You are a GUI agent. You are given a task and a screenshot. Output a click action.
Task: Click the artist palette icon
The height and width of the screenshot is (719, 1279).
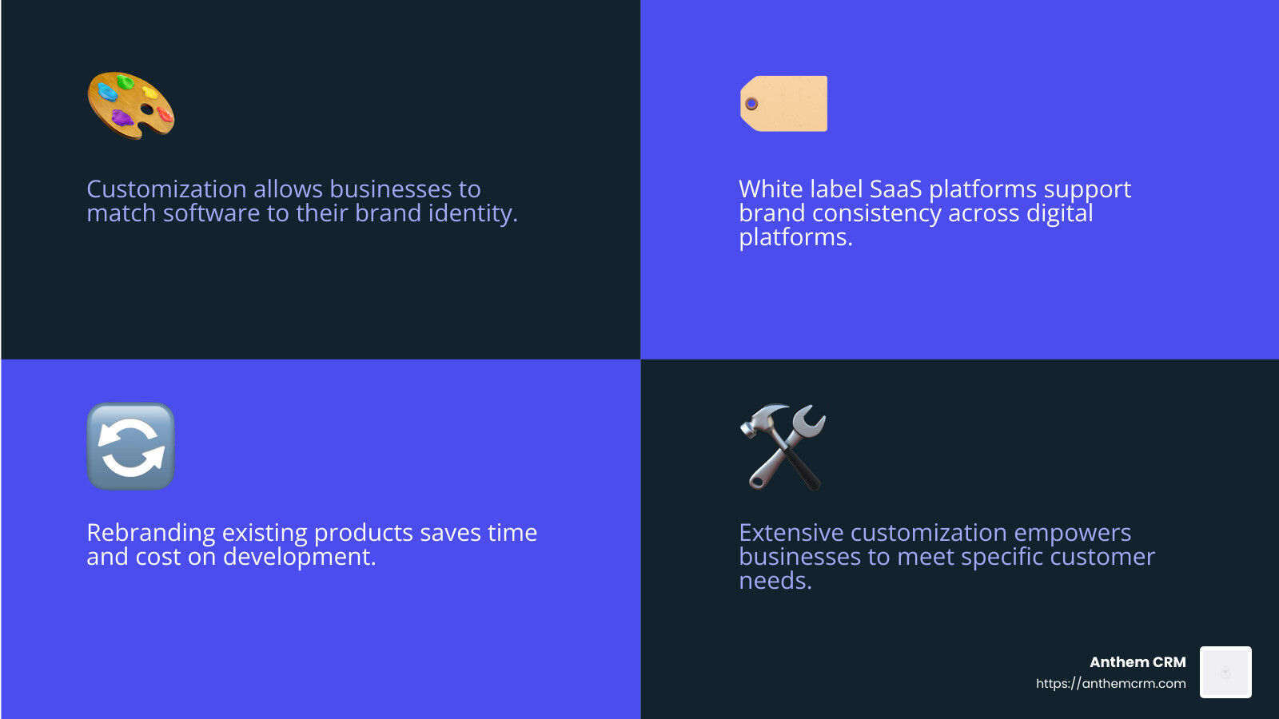(x=130, y=105)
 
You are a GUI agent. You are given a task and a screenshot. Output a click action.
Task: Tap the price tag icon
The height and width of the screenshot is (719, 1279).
(x=784, y=104)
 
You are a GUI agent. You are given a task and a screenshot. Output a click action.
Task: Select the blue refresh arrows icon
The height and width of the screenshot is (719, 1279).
(x=130, y=446)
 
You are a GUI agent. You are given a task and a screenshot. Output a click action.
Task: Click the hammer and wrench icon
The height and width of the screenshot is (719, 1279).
(x=783, y=446)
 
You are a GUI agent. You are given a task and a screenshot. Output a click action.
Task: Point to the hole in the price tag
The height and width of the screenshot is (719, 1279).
(x=751, y=104)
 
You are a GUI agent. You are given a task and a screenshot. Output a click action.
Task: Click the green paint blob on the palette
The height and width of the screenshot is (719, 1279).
(x=126, y=81)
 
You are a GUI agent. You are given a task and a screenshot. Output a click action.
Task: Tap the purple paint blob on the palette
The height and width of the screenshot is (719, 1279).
(x=122, y=118)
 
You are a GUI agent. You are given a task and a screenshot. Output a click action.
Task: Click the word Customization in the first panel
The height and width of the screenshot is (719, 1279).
(x=166, y=189)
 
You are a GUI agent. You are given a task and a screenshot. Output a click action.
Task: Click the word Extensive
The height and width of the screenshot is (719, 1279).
(x=791, y=533)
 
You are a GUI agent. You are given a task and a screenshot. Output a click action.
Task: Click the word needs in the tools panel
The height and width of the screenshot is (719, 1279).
(x=775, y=581)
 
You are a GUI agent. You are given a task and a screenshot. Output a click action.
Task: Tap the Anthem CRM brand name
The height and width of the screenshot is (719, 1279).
(x=1138, y=662)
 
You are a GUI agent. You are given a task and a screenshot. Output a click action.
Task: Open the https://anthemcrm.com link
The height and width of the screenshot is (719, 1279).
(x=1110, y=684)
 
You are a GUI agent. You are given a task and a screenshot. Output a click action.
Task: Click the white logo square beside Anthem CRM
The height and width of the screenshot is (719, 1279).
(x=1225, y=673)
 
